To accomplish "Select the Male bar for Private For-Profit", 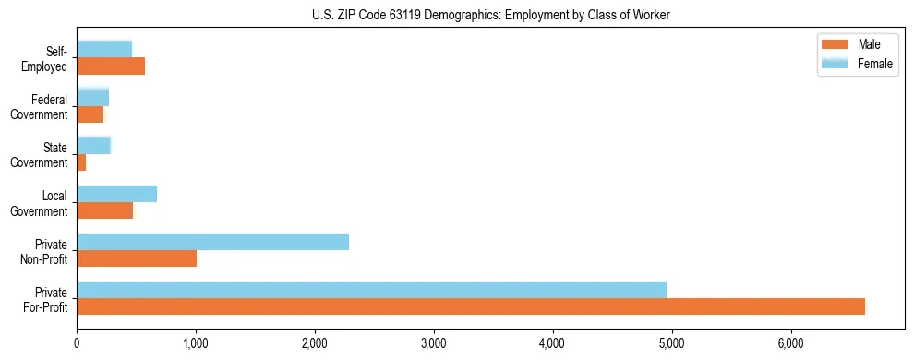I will coord(471,306).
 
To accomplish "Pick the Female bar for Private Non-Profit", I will coord(212,241).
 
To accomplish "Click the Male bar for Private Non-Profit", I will coord(137,258).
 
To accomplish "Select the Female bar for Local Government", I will coord(116,193).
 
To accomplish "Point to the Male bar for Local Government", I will coord(104,210).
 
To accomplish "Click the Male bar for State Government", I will coord(81,162).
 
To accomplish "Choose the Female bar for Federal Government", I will coord(92,97).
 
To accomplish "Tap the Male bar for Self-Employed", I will coord(111,66).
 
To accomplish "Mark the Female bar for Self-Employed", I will coord(104,49).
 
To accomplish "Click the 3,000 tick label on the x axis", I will coord(434,343).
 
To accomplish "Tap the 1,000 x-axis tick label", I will coord(196,343).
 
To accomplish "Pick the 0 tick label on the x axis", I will coord(77,343).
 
